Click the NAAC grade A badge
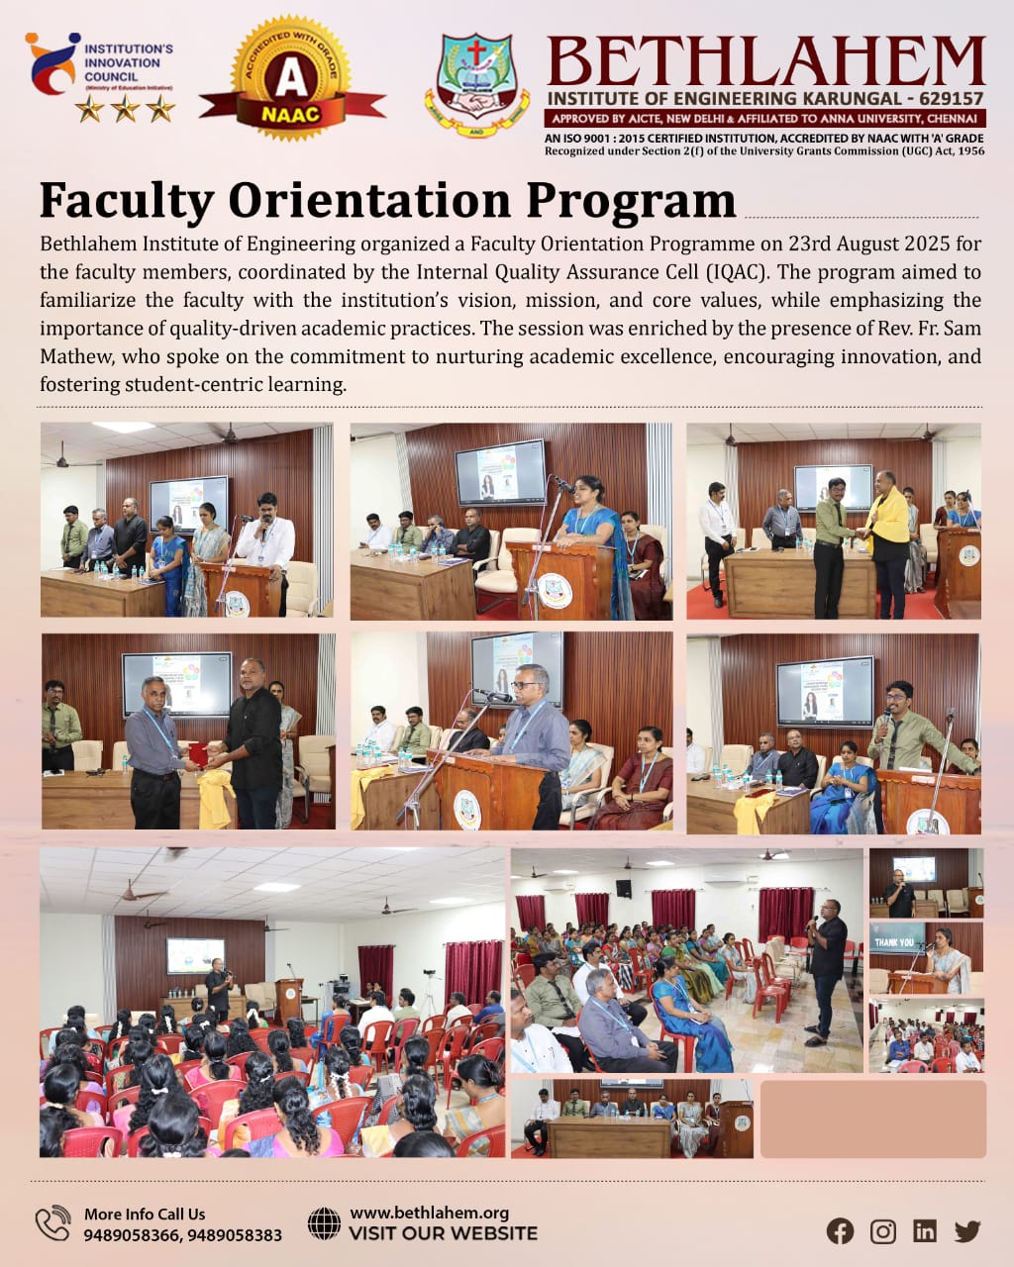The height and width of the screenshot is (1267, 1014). point(291,79)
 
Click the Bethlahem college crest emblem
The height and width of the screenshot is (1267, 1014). point(476,84)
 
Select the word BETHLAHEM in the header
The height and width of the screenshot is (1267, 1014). point(765,61)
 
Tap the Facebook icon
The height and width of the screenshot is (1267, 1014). point(840,1230)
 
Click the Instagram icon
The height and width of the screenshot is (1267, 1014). point(882,1230)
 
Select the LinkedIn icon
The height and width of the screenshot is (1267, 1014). point(925,1230)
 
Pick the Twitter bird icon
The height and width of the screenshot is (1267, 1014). point(967,1230)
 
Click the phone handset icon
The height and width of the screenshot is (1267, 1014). point(52,1223)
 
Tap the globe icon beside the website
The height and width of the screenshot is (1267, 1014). point(324,1223)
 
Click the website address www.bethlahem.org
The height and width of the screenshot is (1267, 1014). point(429,1213)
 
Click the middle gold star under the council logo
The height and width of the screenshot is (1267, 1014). point(125,108)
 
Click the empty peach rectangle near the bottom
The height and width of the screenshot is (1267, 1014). point(872,1119)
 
